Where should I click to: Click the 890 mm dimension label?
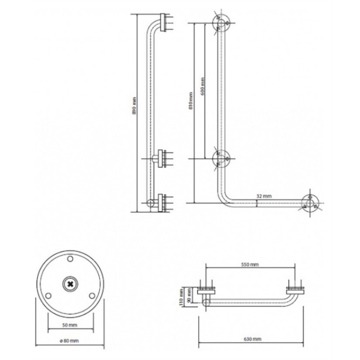pyautogui.click(x=134, y=106)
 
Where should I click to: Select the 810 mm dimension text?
pyautogui.click(x=191, y=101)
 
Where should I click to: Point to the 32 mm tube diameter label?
pyautogui.click(x=264, y=196)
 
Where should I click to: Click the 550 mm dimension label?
pyautogui.click(x=250, y=265)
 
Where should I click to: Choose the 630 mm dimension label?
pyautogui.click(x=252, y=339)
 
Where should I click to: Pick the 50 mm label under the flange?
pyautogui.click(x=70, y=325)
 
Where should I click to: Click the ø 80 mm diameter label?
pyautogui.click(x=69, y=341)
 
